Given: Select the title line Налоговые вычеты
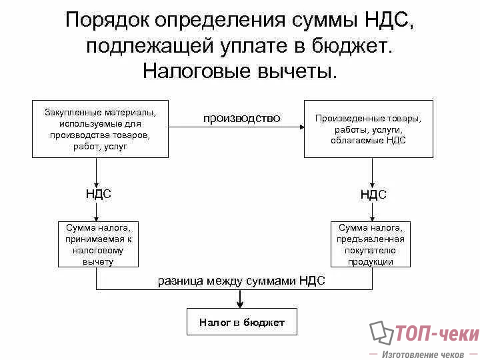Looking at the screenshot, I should click(240, 71).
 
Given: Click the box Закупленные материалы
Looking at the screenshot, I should click(100, 129).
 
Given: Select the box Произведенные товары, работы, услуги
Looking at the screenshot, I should click(368, 129).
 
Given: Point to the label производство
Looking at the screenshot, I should click(241, 118).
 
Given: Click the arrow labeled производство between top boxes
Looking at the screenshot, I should click(236, 129).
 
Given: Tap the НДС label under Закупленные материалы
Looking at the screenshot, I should click(98, 194).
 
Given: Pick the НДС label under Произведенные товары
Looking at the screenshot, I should click(373, 195).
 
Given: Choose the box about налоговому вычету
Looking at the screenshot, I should click(99, 244).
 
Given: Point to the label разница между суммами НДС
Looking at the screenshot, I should click(241, 281).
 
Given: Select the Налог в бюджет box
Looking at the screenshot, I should click(241, 323).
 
